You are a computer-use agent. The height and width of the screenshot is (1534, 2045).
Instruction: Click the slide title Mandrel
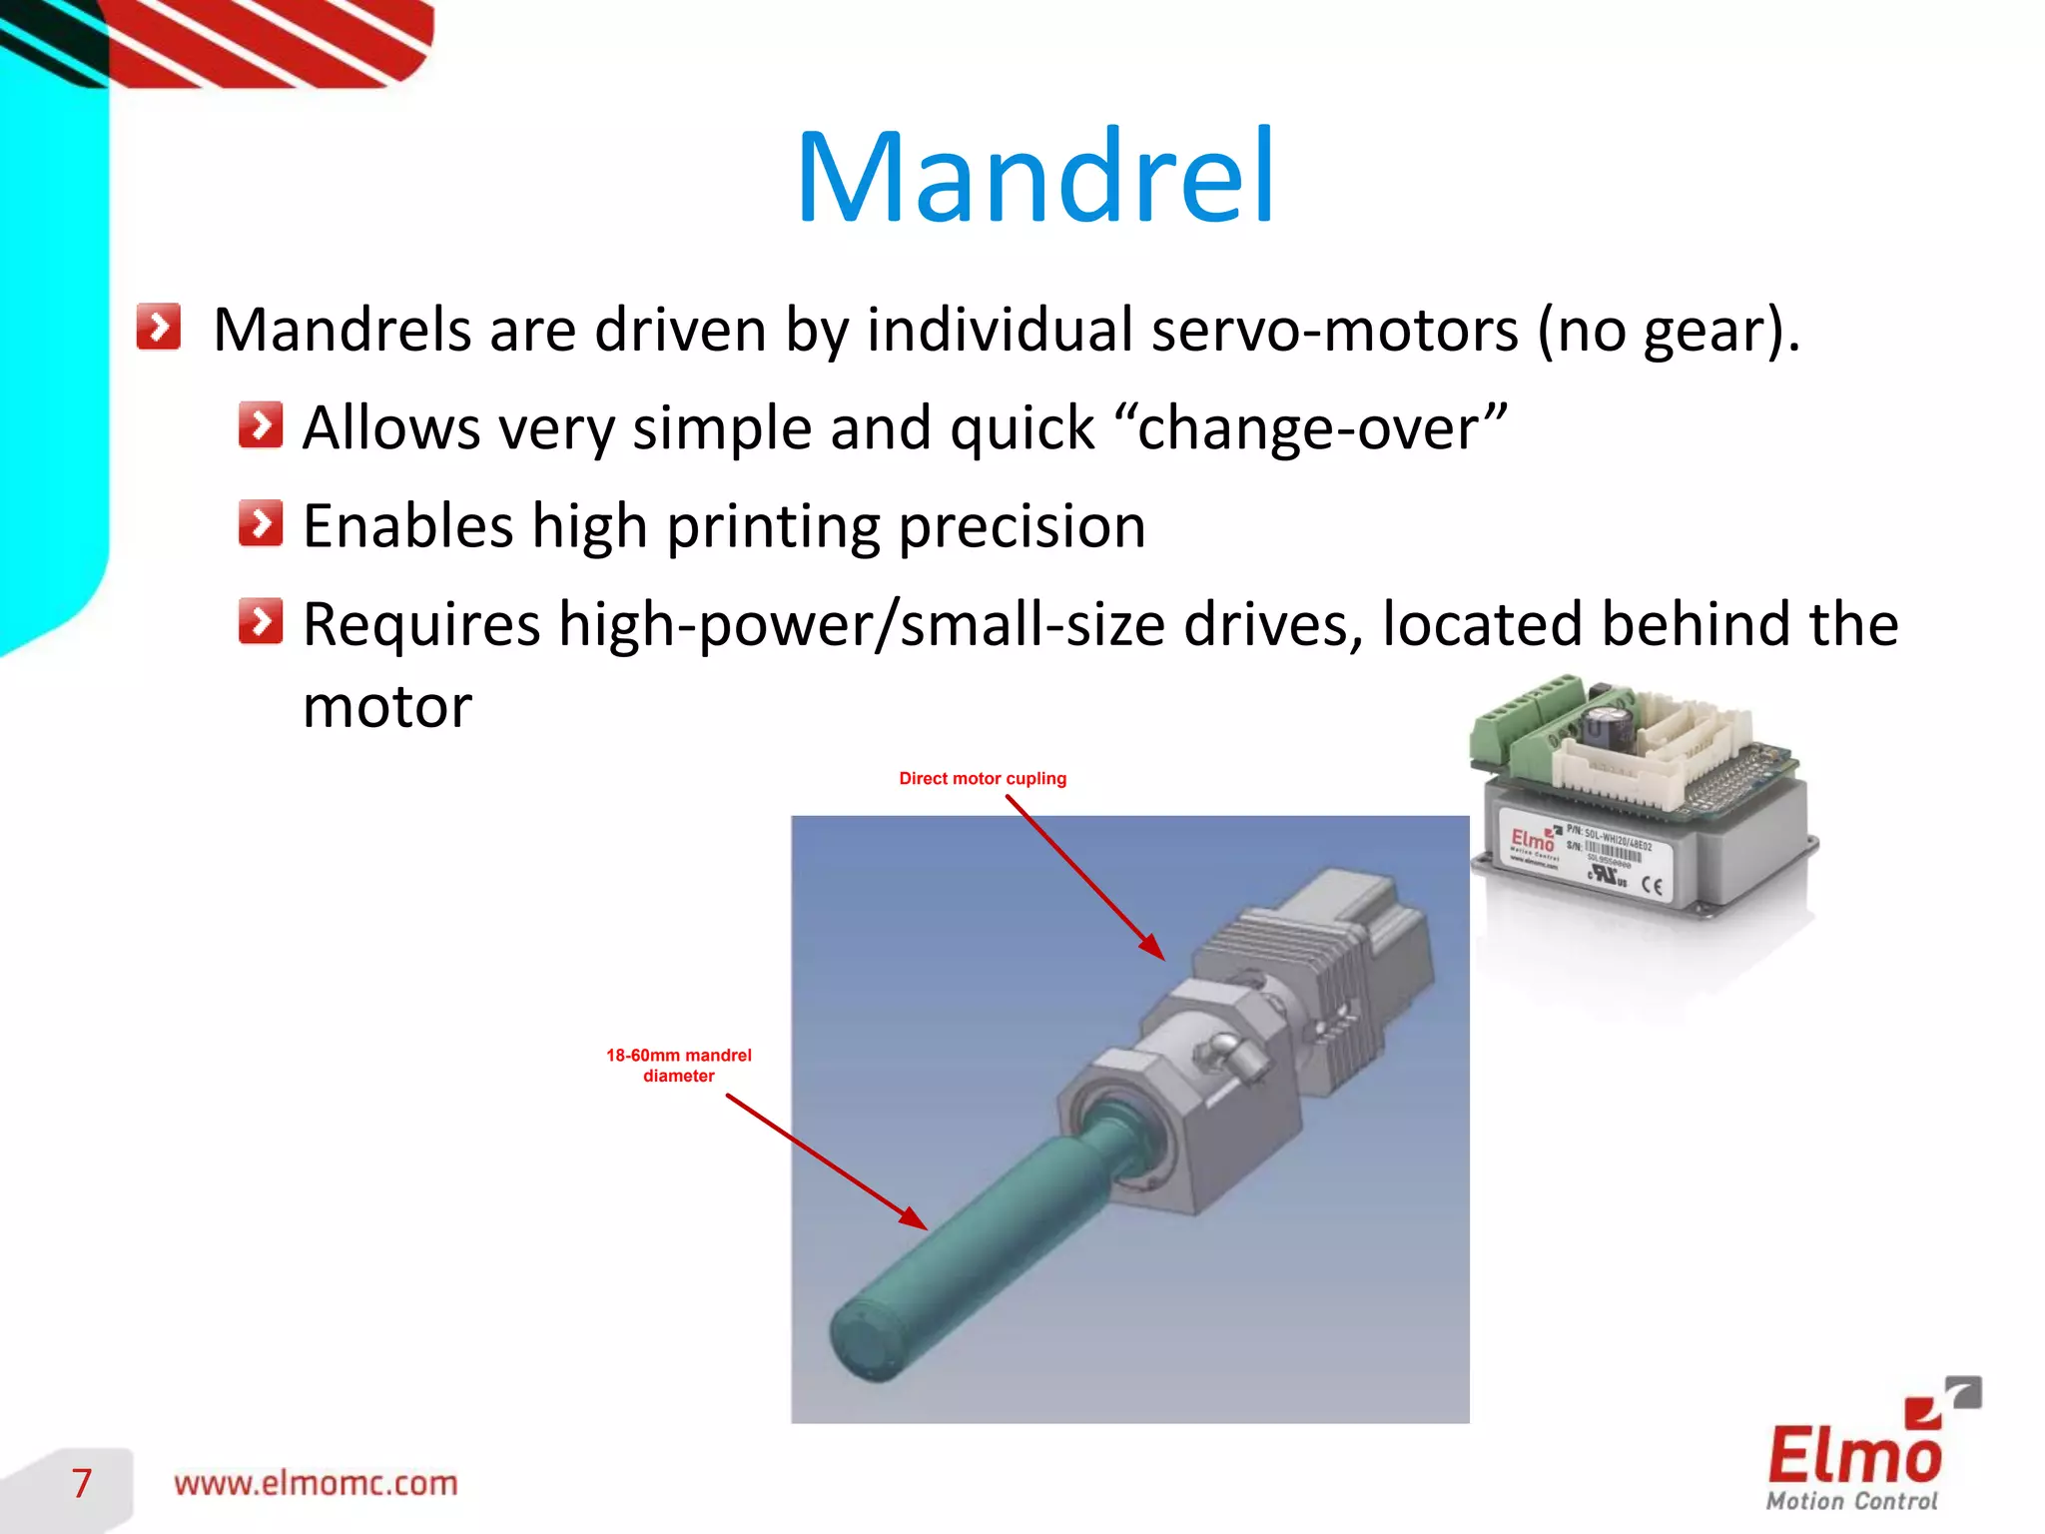click(x=1034, y=178)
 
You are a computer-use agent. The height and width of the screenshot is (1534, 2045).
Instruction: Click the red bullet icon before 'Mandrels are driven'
click(x=159, y=327)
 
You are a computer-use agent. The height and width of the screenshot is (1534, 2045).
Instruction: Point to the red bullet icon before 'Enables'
click(x=261, y=523)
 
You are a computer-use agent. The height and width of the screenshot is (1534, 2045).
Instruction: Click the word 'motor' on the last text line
click(x=386, y=707)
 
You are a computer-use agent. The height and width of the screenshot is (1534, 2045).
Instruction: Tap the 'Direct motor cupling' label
click(x=982, y=778)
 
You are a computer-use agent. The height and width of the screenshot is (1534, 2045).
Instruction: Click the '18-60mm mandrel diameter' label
click(x=678, y=1065)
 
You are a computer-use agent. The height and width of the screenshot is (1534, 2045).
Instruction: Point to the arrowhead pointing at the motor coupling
click(x=1154, y=948)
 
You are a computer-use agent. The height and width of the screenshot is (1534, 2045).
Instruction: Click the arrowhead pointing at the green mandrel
click(x=913, y=1218)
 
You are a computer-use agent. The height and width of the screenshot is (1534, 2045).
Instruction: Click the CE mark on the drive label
click(x=1652, y=885)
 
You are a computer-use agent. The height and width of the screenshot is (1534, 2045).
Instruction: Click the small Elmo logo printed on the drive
click(x=1532, y=840)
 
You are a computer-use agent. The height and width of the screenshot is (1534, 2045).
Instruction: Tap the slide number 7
click(x=82, y=1483)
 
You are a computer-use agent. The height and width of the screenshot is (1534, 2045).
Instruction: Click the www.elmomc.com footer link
click(x=316, y=1483)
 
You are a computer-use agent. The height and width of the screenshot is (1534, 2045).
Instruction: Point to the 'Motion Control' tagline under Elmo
click(x=1851, y=1501)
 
